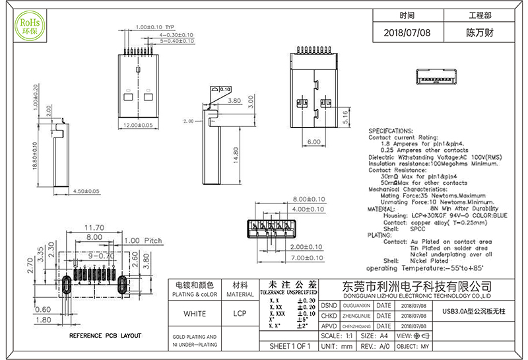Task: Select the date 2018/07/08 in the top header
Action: pyautogui.click(x=407, y=32)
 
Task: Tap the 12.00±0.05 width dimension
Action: pyautogui.click(x=142, y=124)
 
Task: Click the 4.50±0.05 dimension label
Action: pyautogui.click(x=84, y=191)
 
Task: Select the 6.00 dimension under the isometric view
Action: pyautogui.click(x=313, y=141)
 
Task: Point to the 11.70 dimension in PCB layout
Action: pyautogui.click(x=93, y=228)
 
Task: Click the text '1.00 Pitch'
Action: pyautogui.click(x=143, y=240)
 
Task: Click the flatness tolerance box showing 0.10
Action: pyautogui.click(x=221, y=89)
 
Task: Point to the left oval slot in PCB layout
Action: pyautogui.click(x=67, y=285)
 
